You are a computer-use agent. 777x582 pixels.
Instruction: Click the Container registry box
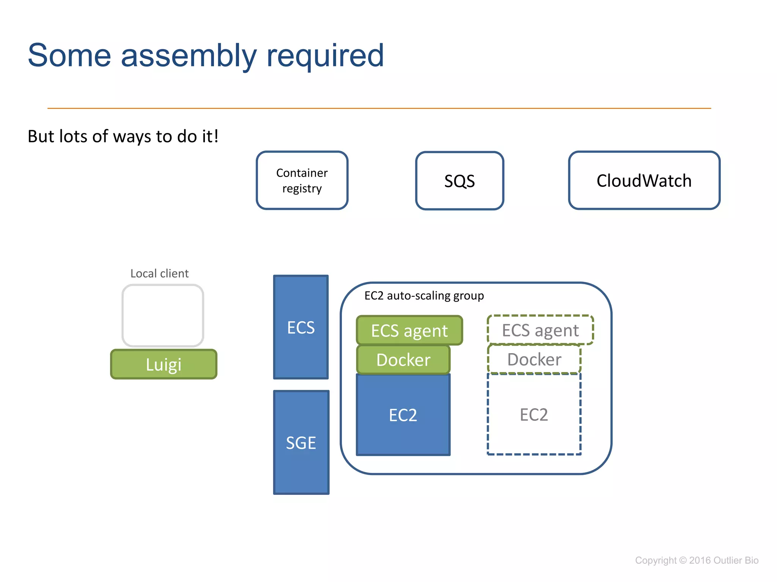pyautogui.click(x=302, y=180)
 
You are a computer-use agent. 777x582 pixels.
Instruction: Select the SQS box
pyautogui.click(x=459, y=181)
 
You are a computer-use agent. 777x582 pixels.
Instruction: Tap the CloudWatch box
pyautogui.click(x=644, y=180)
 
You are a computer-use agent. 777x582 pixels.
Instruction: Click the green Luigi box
pyautogui.click(x=164, y=365)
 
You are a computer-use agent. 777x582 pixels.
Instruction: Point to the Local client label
pyautogui.click(x=159, y=273)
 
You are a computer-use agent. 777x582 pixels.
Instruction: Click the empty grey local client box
pyautogui.click(x=163, y=316)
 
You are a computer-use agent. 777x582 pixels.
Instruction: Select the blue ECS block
pyautogui.click(x=301, y=327)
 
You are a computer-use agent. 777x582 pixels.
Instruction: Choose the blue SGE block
pyautogui.click(x=301, y=443)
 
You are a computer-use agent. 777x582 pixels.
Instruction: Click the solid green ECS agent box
pyautogui.click(x=409, y=330)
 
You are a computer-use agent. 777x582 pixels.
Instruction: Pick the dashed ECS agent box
pyautogui.click(x=540, y=330)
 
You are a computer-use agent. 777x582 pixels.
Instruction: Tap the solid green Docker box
pyautogui.click(x=403, y=360)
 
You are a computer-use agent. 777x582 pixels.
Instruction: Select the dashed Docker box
pyautogui.click(x=534, y=359)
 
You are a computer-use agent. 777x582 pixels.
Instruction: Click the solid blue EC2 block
pyautogui.click(x=403, y=415)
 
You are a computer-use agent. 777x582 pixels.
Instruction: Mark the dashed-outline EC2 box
pyautogui.click(x=534, y=415)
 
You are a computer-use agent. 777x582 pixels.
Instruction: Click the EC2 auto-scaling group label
pyautogui.click(x=424, y=296)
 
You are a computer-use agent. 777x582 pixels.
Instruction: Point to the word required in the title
pyautogui.click(x=325, y=56)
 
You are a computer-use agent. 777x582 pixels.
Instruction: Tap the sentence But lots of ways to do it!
pyautogui.click(x=123, y=136)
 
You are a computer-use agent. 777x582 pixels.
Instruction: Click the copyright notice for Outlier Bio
pyautogui.click(x=697, y=560)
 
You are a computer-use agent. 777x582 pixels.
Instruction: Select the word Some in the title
pyautogui.click(x=69, y=56)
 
